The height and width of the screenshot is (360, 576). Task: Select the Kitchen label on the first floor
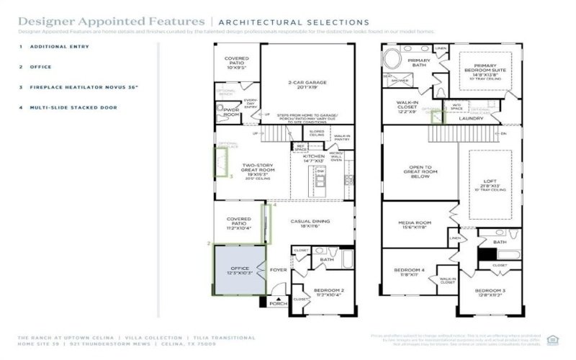tap(313, 158)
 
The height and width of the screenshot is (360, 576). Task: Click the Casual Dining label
tap(309, 223)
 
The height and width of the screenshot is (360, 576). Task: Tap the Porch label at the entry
tap(278, 303)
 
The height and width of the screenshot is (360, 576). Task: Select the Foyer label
tap(278, 270)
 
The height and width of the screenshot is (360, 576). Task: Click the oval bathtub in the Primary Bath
tap(395, 58)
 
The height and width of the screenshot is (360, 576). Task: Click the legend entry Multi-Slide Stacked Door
tap(78, 107)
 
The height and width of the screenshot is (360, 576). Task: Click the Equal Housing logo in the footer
tap(553, 339)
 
